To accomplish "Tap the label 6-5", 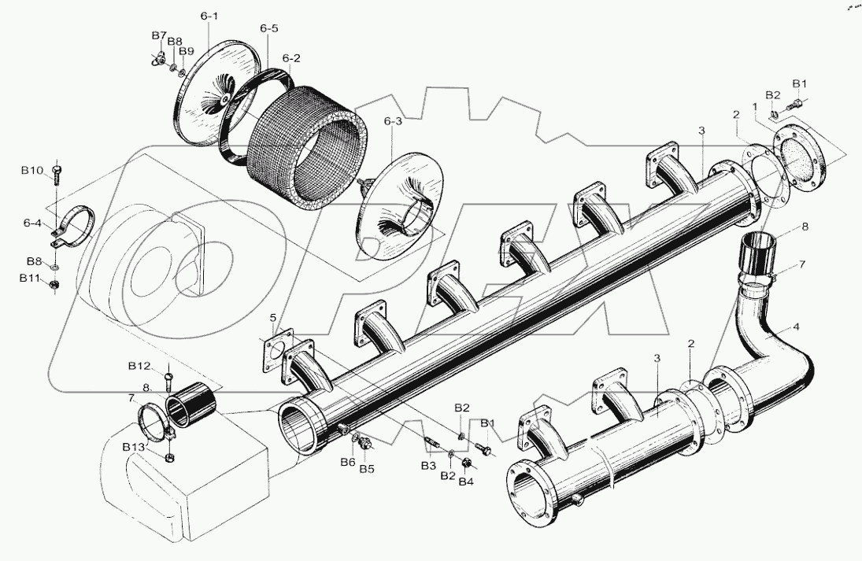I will [268, 29].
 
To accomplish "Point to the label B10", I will [32, 171].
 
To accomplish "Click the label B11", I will [32, 278].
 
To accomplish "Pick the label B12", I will [139, 366].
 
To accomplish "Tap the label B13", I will [133, 447].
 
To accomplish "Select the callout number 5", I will [273, 318].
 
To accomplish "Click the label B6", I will [348, 462].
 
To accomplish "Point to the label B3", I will [427, 467].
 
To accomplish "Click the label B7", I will [159, 36].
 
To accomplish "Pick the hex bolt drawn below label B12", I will [169, 383].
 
